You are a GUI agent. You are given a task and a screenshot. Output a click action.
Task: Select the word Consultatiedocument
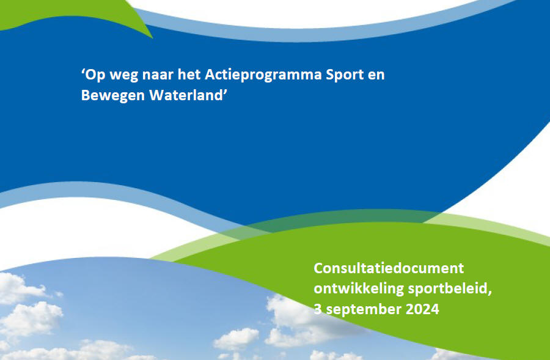click(x=388, y=268)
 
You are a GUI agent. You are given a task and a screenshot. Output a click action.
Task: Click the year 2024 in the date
click(x=422, y=309)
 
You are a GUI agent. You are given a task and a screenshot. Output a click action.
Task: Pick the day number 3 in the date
click(x=318, y=309)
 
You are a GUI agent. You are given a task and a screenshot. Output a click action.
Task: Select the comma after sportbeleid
click(x=490, y=292)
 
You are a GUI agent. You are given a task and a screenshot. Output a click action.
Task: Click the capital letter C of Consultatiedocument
click(x=318, y=268)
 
